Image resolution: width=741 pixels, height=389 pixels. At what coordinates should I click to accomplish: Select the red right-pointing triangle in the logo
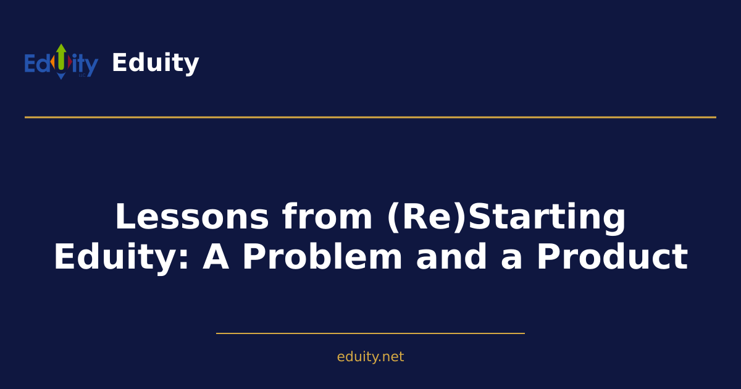70,62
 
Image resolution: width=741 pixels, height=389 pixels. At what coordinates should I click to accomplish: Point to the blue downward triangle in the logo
61,76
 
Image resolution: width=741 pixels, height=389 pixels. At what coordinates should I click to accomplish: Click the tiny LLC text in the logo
82,75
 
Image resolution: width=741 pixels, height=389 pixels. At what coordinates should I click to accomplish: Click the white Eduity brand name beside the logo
155,63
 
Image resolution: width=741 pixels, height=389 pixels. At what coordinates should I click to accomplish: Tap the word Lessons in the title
192,217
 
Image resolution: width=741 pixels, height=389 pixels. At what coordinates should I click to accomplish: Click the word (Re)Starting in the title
506,217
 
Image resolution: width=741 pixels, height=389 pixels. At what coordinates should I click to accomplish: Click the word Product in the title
611,257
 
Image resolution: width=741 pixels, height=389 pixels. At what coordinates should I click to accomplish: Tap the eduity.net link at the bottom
371,357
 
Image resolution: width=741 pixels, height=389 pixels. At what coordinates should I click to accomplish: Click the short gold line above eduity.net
371,333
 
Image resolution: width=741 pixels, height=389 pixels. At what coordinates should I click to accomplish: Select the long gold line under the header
371,117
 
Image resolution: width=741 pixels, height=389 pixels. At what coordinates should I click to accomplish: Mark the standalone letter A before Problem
216,257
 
